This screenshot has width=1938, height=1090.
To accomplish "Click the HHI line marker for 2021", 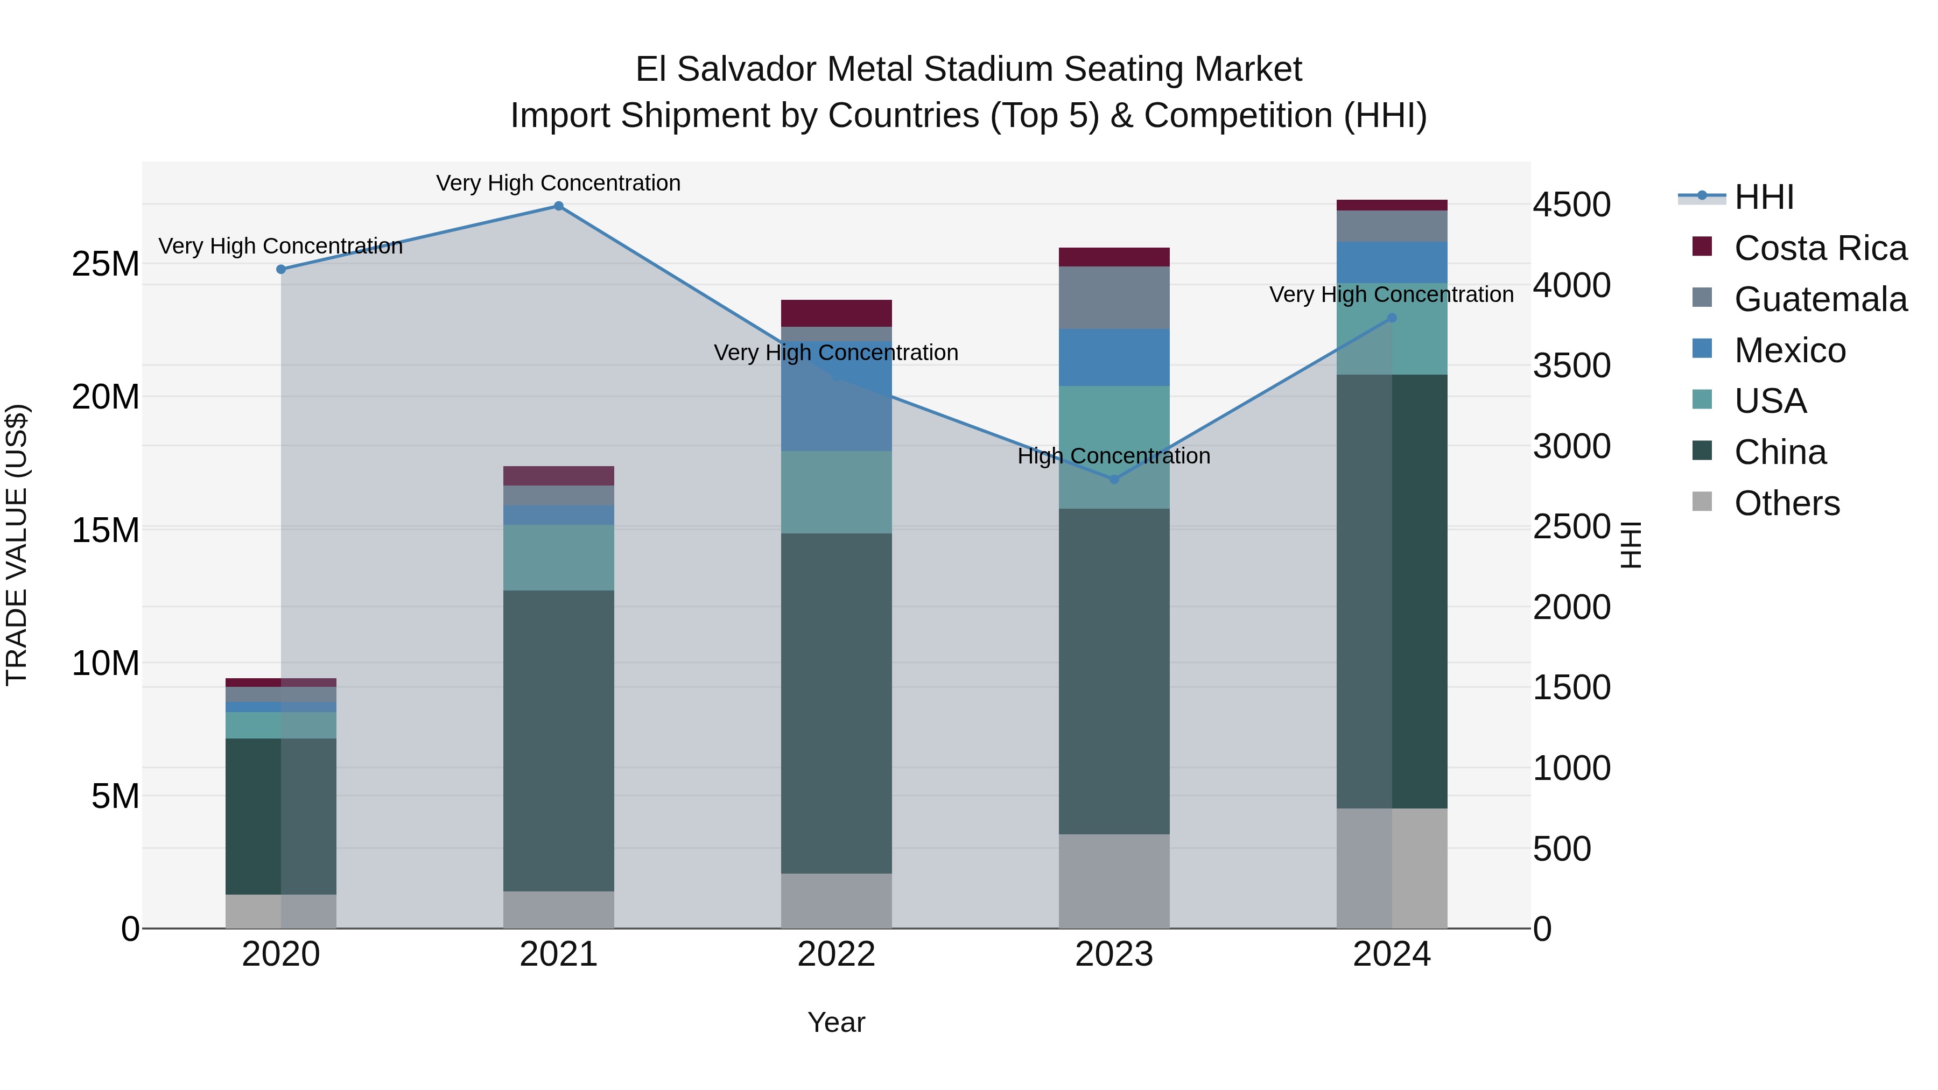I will click(x=558, y=206).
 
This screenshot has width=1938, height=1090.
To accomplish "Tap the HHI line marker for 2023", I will click(x=1114, y=479).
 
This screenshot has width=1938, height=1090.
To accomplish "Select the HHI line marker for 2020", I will click(x=280, y=269).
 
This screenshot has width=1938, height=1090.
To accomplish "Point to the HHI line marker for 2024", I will click(x=1392, y=318).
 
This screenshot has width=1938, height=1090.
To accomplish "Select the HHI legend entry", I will click(x=1764, y=197).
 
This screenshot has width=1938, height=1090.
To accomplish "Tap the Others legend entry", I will click(x=1786, y=503).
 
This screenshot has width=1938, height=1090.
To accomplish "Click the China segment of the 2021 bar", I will click(x=558, y=741).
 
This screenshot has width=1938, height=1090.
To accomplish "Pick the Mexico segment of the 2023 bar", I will click(x=1114, y=357).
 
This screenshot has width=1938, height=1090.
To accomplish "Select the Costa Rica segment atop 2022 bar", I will click(x=836, y=313).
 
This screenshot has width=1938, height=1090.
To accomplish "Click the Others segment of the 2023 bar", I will click(x=1114, y=881).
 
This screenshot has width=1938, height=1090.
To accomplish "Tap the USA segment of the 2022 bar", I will click(x=836, y=492).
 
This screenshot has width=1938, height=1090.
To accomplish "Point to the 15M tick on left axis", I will click(x=106, y=530).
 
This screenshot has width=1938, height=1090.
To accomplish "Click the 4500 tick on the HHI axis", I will click(x=1571, y=205).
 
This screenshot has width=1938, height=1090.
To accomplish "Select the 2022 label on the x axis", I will click(x=836, y=954).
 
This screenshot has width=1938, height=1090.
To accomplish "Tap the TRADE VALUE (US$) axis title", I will click(x=17, y=545).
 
